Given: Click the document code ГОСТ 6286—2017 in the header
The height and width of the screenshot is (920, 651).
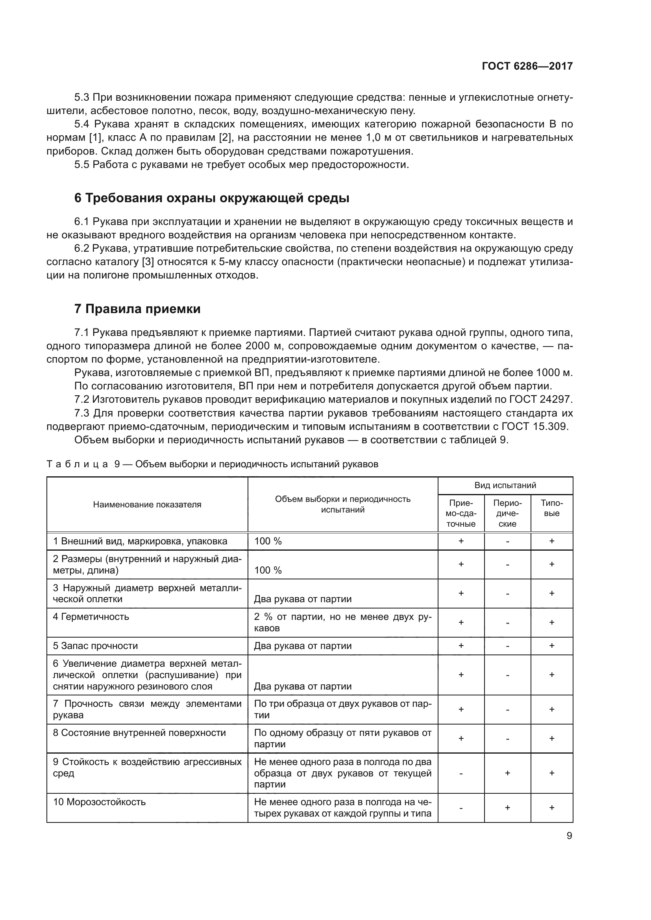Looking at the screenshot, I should (527, 66).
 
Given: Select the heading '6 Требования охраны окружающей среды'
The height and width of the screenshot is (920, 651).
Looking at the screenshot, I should (212, 198).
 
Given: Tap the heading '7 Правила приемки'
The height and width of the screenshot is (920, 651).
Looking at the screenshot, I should (137, 309).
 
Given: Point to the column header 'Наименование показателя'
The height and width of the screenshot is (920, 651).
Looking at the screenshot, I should (147, 505).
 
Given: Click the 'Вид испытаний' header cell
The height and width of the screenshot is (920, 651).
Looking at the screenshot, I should (505, 486).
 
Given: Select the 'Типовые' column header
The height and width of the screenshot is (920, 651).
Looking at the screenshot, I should (551, 508).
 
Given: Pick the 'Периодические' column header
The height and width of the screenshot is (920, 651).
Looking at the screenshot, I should (507, 513).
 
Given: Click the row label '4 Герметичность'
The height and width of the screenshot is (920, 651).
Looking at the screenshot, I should (91, 617).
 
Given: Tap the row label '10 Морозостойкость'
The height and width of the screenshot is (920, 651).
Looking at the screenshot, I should (100, 802).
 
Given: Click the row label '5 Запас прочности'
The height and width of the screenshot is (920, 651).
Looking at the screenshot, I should (95, 646).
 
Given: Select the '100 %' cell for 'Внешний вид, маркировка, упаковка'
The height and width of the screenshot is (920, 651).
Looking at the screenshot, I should (268, 541).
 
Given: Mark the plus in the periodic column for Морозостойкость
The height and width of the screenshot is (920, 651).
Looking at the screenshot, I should (507, 808).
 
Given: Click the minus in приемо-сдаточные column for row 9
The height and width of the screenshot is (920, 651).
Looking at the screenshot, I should (461, 773).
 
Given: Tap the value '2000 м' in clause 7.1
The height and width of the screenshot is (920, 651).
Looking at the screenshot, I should (263, 346).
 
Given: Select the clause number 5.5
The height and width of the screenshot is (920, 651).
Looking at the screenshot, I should (82, 165).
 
